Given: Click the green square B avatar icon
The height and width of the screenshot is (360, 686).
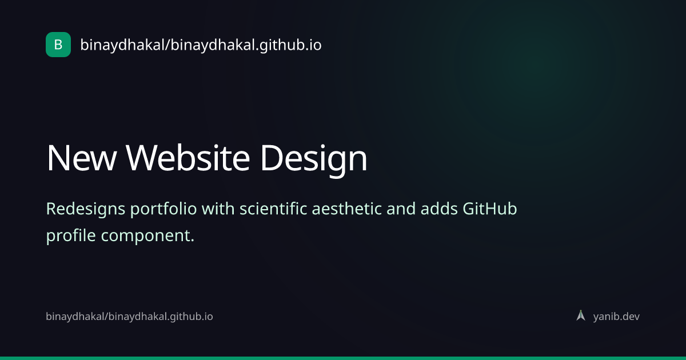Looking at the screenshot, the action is click(x=58, y=45).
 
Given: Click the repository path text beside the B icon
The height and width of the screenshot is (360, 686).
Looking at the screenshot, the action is click(x=201, y=45).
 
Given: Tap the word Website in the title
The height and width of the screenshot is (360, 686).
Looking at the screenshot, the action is click(x=188, y=158).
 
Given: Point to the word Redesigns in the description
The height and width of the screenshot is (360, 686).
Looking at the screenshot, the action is click(x=85, y=210).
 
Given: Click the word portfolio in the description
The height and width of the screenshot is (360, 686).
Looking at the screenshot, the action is click(x=163, y=210).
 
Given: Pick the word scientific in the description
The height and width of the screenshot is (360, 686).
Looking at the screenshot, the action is click(x=273, y=209).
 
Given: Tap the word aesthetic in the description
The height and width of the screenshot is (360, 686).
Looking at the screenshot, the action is click(x=346, y=209).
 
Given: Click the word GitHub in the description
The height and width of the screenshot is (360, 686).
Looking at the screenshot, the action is click(x=490, y=209).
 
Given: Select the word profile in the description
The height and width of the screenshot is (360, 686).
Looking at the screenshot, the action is click(x=71, y=236).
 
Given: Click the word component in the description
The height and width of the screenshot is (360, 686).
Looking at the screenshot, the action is click(x=147, y=237).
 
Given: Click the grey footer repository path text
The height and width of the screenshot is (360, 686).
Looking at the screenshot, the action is click(x=129, y=317).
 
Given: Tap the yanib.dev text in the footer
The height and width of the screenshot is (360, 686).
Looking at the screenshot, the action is click(x=616, y=317).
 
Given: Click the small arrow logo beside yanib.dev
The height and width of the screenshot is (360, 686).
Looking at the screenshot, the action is click(x=581, y=315).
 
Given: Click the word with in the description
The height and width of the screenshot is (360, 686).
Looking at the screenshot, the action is click(x=218, y=209).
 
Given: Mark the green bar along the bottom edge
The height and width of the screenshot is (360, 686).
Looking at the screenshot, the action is click(x=343, y=358).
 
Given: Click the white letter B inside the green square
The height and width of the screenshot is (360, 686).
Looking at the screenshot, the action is click(x=58, y=45).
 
